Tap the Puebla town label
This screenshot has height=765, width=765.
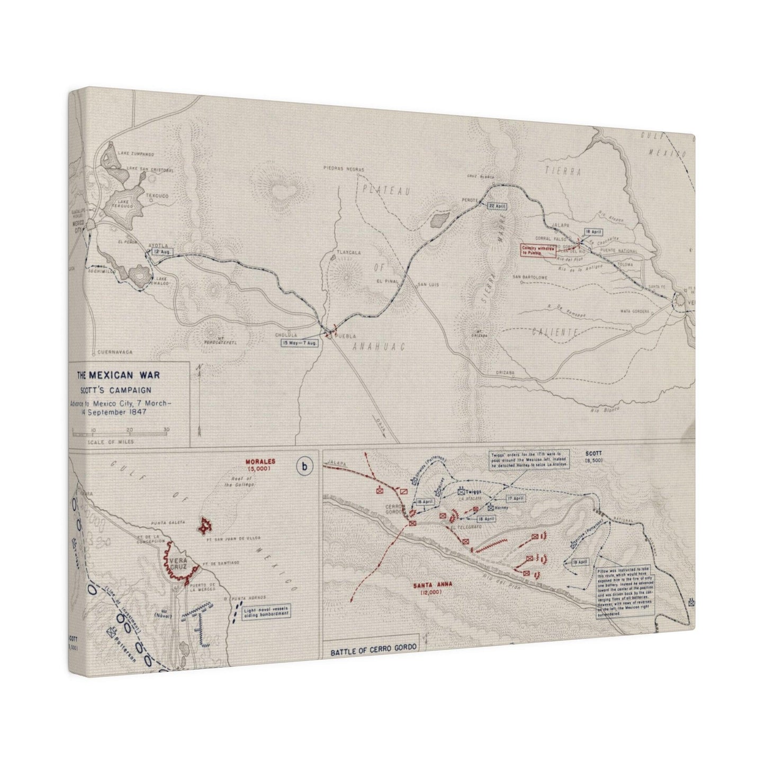pos(343,336)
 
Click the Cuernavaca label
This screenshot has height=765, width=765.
pos(112,352)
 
